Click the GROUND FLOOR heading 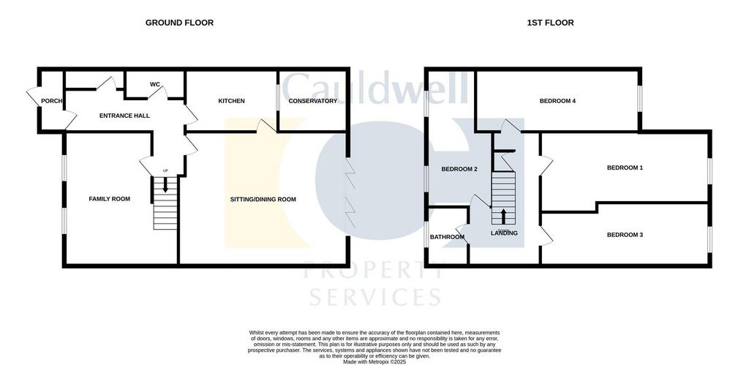(180, 23)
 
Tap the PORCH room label (52, 101)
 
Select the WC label (155, 85)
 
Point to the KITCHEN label (232, 101)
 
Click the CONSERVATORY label (313, 101)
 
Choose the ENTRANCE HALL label (124, 116)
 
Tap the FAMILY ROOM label (110, 199)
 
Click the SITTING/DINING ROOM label (263, 199)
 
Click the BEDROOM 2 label (459, 169)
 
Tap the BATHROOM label (447, 237)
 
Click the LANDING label (505, 233)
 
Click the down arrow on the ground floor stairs (165, 184)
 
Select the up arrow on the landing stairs (503, 217)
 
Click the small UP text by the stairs (165, 170)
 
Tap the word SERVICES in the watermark (375, 297)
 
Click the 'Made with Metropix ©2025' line (374, 361)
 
